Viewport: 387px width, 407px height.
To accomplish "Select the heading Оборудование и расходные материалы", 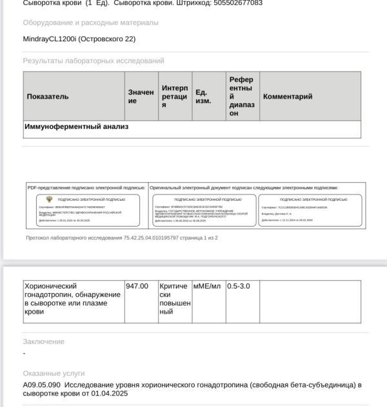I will pos(90,23).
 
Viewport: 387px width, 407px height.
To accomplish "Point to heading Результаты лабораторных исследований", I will pos(94,61).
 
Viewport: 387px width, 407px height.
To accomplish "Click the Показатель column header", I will pos(48,97).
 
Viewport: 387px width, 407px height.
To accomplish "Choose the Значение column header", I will pos(141,97).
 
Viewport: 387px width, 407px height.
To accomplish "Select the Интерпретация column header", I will pos(175,97).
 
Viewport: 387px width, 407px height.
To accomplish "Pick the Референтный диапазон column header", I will pos(241,97).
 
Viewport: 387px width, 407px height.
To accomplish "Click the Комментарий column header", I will pos(288,97).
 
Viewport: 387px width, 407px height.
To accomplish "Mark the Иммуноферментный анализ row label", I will pos(76,127).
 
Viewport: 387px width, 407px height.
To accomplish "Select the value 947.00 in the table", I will pos(137,286).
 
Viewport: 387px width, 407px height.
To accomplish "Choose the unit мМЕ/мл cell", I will pos(207,286).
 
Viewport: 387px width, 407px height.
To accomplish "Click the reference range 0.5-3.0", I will pos(239,286).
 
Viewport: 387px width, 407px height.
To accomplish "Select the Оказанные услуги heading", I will pos(54,374).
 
